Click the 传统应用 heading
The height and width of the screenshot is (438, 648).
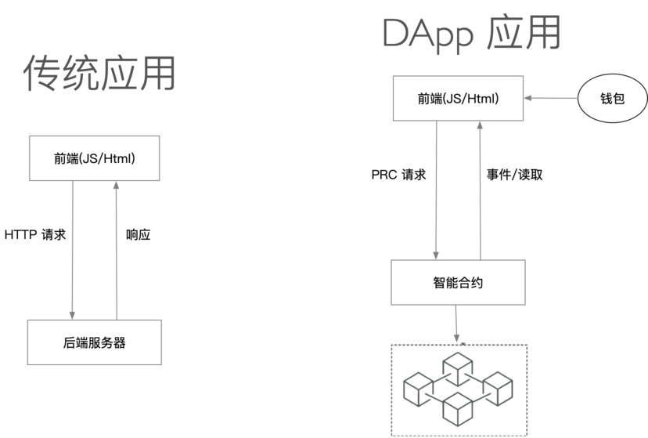(99, 74)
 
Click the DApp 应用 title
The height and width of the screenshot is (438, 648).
(472, 34)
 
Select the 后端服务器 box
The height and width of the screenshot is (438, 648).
(95, 342)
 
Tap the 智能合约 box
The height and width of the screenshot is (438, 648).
(458, 282)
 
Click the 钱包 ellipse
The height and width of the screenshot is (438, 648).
(613, 100)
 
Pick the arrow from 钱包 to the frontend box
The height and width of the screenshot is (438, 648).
(551, 100)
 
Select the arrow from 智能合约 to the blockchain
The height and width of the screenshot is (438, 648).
(458, 324)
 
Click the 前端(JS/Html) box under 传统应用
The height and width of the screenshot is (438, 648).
(95, 158)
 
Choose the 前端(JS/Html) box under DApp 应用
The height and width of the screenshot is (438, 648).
(458, 99)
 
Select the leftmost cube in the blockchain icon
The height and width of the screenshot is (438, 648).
(418, 386)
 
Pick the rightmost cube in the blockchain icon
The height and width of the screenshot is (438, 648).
(497, 386)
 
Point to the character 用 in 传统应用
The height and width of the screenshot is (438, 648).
(156, 74)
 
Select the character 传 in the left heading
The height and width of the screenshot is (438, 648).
(40, 74)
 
